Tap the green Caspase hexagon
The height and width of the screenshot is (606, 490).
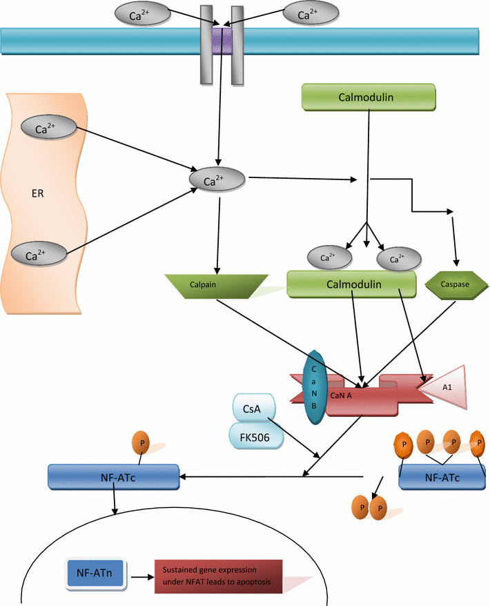coord(453,284)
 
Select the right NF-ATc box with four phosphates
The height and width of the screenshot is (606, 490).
coord(444,476)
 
